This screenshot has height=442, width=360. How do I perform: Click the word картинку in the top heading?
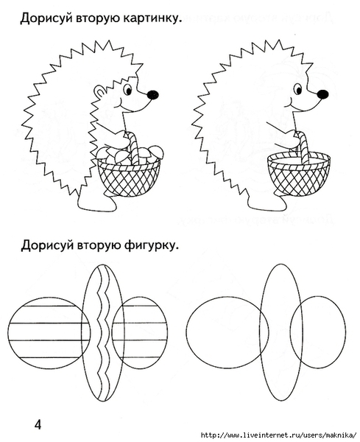click(151, 18)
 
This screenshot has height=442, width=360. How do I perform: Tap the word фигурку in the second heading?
click(151, 245)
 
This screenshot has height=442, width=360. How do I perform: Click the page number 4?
click(38, 424)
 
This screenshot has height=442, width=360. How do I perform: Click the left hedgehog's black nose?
click(152, 94)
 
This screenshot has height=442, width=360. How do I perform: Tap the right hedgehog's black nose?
click(322, 94)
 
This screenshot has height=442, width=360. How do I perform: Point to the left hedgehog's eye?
click(128, 89)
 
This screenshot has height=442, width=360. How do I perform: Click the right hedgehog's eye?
click(297, 89)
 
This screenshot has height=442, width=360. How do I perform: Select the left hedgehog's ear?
click(99, 92)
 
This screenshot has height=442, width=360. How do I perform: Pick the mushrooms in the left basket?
click(130, 155)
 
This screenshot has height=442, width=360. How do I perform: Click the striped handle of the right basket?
click(302, 147)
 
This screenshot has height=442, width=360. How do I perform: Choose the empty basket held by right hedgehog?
click(299, 174)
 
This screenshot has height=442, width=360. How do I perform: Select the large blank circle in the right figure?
click(186, 333)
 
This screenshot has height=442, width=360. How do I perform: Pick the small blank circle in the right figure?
click(346, 333)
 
